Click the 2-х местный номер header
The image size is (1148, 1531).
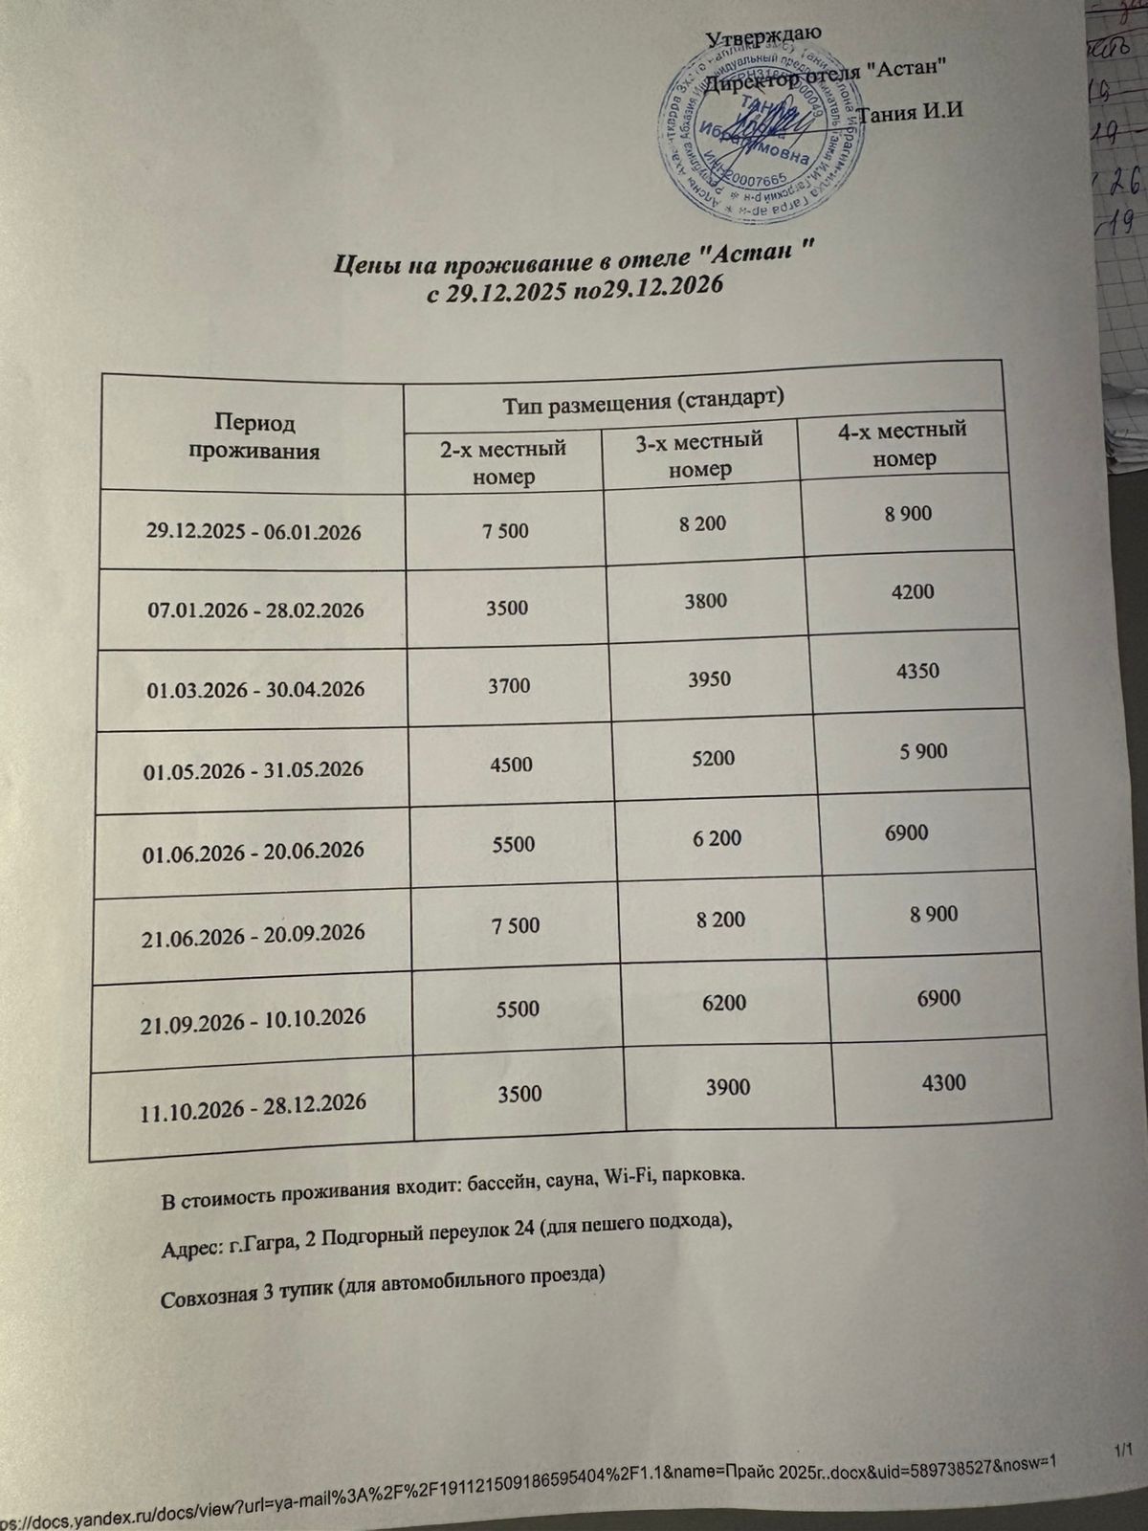(502, 461)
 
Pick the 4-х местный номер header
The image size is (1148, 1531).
(901, 442)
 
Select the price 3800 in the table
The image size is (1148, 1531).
(702, 601)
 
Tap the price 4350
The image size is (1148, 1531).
(917, 670)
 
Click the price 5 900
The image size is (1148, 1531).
(923, 751)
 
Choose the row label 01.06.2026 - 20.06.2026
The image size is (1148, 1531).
(253, 850)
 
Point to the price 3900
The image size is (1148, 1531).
(727, 1087)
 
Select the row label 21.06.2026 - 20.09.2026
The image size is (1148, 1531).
(254, 932)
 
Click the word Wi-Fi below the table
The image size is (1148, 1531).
(622, 1178)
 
